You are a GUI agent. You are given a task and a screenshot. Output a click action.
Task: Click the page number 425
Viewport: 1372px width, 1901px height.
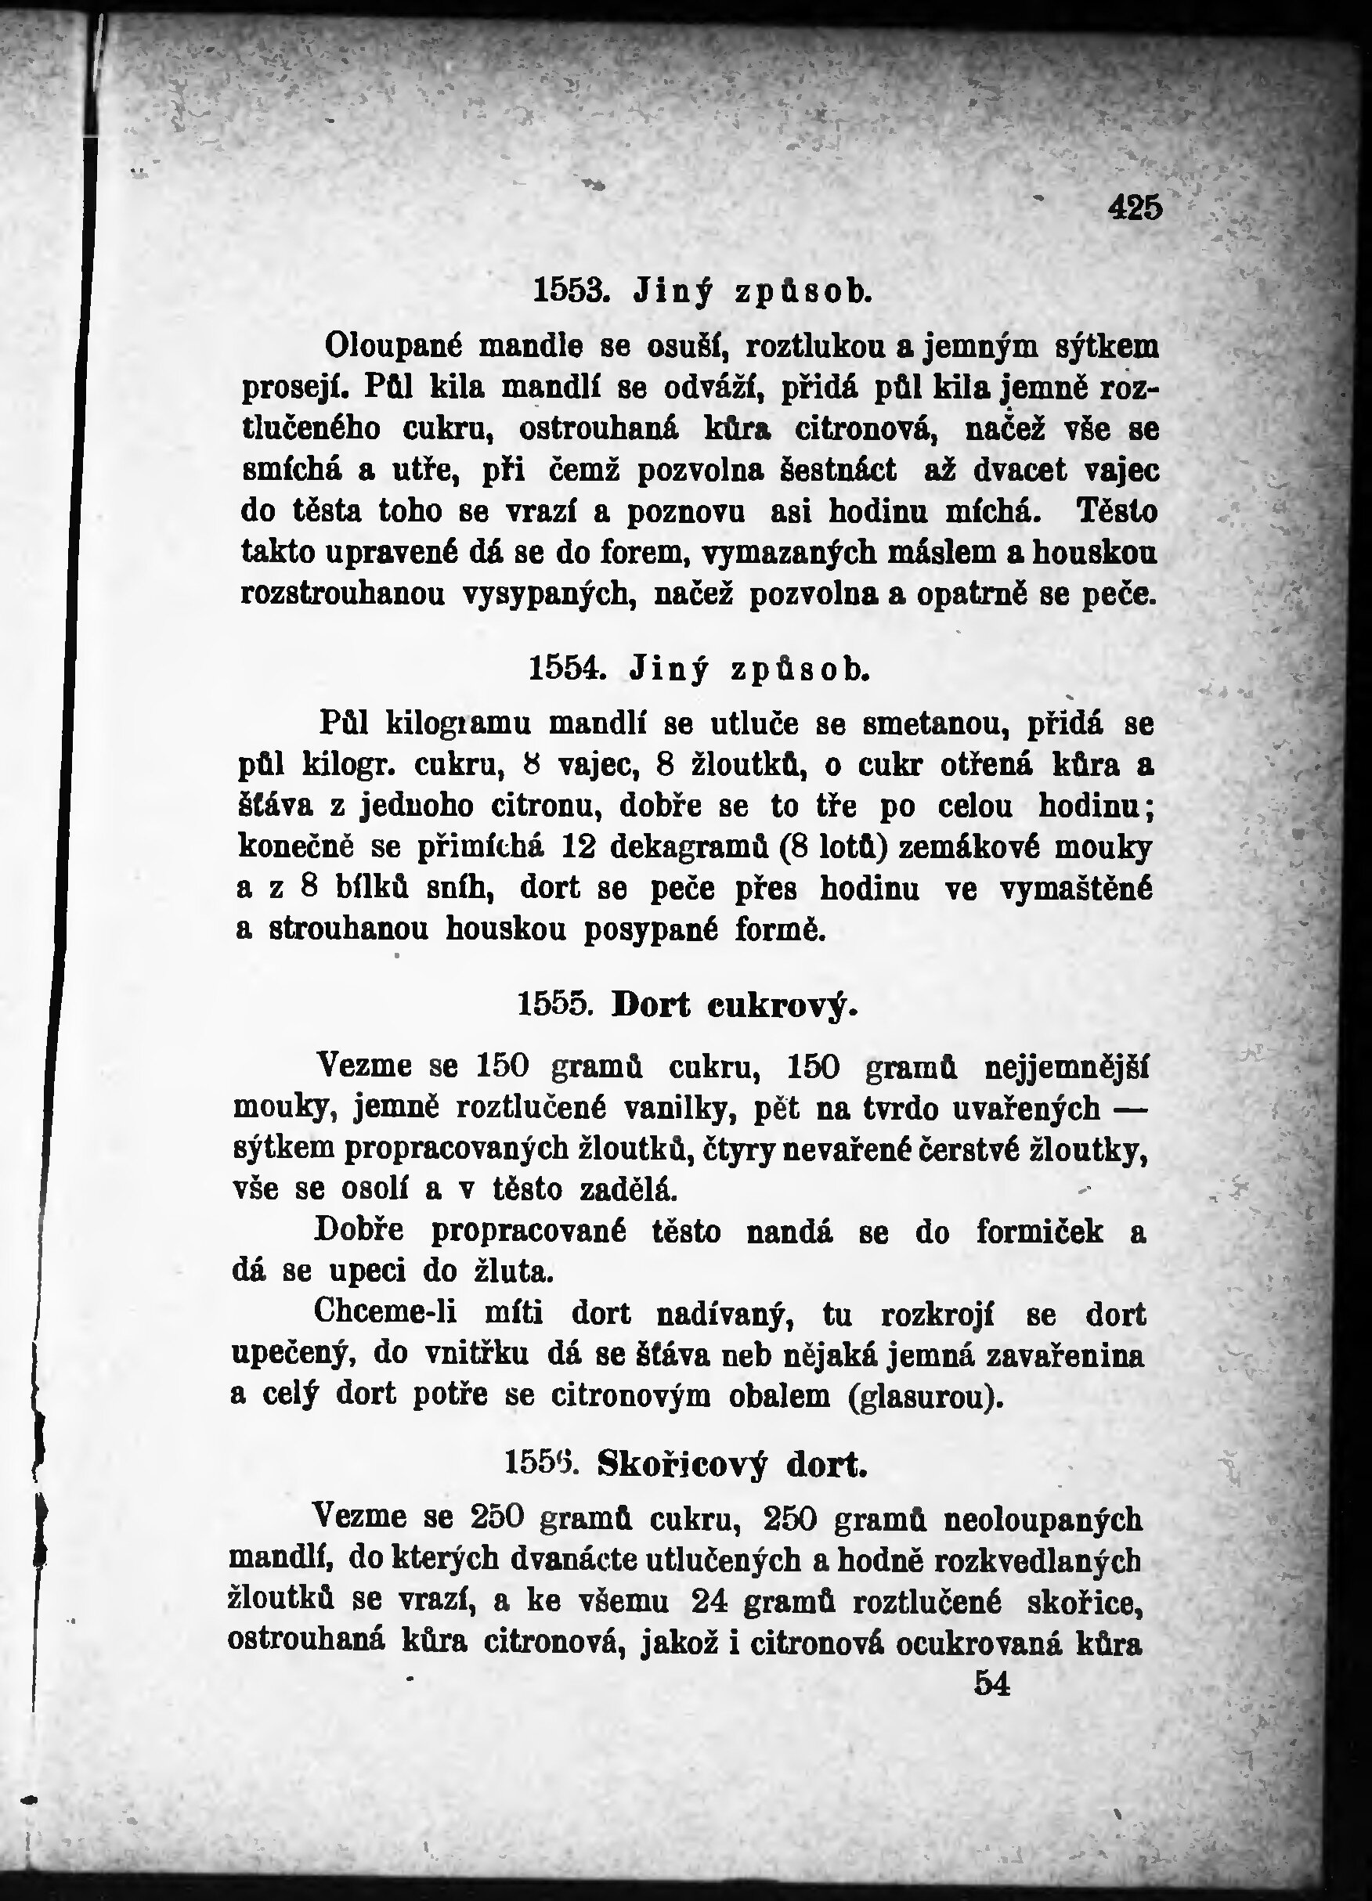point(1135,207)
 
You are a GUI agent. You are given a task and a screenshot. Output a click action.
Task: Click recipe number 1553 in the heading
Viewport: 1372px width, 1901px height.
point(569,290)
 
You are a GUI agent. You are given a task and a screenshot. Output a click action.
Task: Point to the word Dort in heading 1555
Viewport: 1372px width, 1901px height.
point(651,1005)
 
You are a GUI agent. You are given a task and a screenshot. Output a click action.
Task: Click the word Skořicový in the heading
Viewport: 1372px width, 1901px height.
point(682,1464)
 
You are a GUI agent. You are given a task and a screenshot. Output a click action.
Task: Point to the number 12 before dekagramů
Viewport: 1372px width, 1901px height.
point(577,846)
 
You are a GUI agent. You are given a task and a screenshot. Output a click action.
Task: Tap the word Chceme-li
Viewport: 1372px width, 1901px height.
point(385,1312)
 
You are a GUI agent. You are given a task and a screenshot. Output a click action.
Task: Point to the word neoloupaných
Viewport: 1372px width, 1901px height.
point(1042,1519)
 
